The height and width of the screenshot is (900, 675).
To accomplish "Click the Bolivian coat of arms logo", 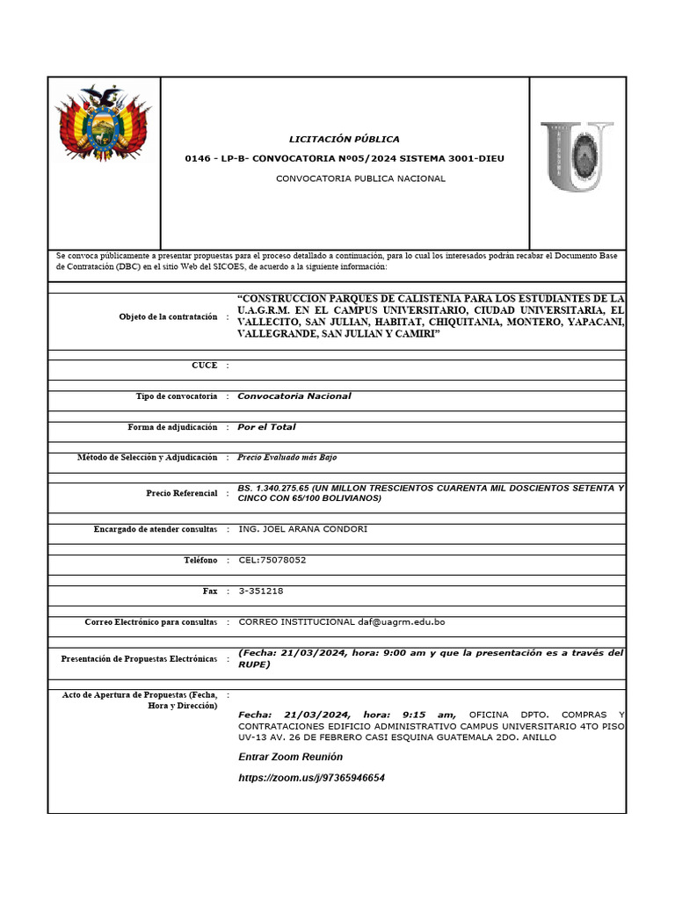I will pyautogui.click(x=104, y=124).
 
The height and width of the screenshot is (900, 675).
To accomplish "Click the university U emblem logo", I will pyautogui.click(x=576, y=156).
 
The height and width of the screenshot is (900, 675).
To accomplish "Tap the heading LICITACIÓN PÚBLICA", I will pyautogui.click(x=345, y=139).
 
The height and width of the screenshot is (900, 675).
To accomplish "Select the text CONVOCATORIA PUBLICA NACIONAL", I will pyautogui.click(x=360, y=178).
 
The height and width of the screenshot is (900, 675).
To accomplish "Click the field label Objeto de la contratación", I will pyautogui.click(x=168, y=316).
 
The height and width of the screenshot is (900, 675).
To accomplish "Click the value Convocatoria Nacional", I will pyautogui.click(x=294, y=396).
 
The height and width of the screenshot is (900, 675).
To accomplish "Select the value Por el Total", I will pyautogui.click(x=266, y=427).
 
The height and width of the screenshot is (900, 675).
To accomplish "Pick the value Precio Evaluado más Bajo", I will pyautogui.click(x=287, y=457).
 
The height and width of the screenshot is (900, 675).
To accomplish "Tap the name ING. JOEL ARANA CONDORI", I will pyautogui.click(x=302, y=529).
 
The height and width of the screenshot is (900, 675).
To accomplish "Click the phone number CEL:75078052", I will pyautogui.click(x=272, y=560).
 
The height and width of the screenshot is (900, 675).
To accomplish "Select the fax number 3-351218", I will pyautogui.click(x=261, y=592).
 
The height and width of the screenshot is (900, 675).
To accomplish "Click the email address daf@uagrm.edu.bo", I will pyautogui.click(x=401, y=622).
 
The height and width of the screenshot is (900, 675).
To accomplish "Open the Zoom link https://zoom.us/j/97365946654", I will pyautogui.click(x=311, y=778).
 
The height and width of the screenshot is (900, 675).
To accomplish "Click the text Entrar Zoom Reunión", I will pyautogui.click(x=290, y=757).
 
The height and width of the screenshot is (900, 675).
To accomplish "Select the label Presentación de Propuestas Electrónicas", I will pyautogui.click(x=139, y=658).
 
